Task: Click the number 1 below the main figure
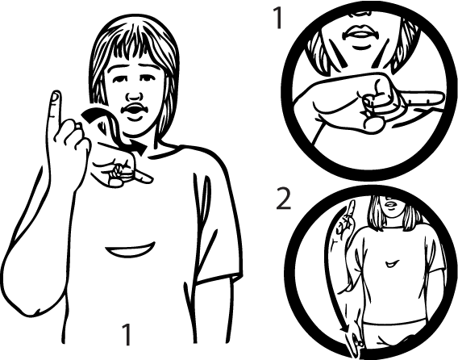pos(127,334)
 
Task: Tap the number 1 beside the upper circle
pos(278,18)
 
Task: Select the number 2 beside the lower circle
pos(284,199)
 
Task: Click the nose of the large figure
pos(134,96)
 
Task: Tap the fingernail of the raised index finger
pos(56,97)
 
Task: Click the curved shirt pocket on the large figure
pos(131,250)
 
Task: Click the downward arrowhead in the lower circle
pos(345,329)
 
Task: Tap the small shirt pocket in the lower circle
pos(392,264)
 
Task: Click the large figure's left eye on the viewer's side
pos(119,79)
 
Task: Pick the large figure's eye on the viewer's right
pos(146,78)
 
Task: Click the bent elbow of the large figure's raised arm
pos(27,307)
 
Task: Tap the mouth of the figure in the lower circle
pos(389,205)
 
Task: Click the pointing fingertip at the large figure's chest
pos(148,178)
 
